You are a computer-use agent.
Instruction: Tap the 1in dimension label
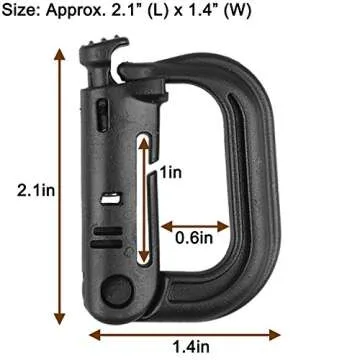[172, 173]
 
